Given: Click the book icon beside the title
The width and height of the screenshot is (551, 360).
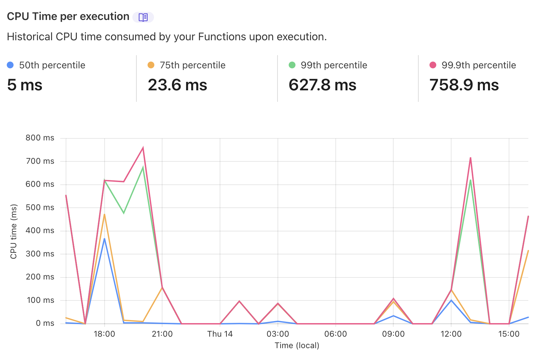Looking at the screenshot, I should pos(143,17).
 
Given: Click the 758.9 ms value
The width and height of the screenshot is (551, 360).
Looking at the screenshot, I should pos(464,85).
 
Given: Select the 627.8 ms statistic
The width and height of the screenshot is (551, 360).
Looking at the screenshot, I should pos(322,85).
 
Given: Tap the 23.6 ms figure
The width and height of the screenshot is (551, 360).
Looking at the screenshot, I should pos(177,85).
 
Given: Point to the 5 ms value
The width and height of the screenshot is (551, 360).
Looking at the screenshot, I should pos(25,85).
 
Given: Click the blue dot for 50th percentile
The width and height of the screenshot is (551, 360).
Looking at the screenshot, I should pos(10,65).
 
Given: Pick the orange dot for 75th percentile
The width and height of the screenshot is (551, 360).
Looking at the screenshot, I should pos(151,65).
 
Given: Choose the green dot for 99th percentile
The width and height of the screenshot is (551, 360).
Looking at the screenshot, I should pos(292,65).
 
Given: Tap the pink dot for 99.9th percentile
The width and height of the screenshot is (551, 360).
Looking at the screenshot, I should pos(433,65).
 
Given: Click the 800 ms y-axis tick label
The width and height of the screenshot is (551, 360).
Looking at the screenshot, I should pos(40,138).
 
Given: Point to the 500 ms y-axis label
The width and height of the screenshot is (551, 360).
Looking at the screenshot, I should pos(40,207).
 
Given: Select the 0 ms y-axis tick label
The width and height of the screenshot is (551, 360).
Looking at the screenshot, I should pos(45,323).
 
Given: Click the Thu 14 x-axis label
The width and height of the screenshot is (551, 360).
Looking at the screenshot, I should pos(220,334).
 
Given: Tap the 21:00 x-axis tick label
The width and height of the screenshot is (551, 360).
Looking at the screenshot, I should pos(162,334).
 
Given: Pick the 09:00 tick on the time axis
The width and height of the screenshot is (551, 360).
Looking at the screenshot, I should pos(393,334).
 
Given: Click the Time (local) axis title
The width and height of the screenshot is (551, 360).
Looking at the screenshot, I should pos(297,345).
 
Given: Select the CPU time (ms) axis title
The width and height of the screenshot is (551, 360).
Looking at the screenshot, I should pos(14,231).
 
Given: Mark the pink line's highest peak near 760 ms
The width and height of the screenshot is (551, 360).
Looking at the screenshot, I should pos(143,148).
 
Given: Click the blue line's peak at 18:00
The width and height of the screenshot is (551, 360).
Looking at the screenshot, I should pos(104,239).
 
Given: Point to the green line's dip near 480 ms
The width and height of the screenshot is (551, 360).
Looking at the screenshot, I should pos(124,213).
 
